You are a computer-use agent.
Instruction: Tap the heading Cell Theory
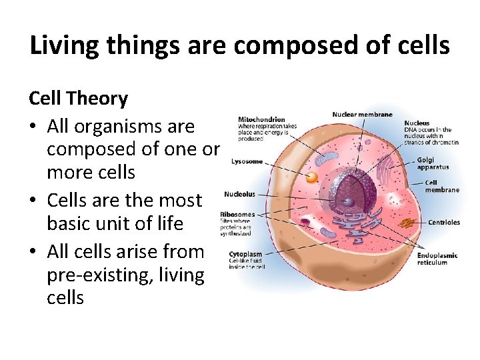[78, 99]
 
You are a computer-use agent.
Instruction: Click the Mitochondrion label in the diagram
[261, 120]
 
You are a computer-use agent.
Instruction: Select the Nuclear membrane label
[362, 115]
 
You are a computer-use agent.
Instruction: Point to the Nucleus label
[417, 123]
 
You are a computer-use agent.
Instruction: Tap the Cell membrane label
[442, 186]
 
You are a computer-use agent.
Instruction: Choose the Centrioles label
[443, 222]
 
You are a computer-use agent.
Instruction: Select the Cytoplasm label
[245, 254]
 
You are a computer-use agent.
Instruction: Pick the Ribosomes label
[237, 215]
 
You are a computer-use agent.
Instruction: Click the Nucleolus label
[239, 194]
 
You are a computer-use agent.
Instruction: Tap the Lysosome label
[247, 161]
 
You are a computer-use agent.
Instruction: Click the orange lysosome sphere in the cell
[311, 177]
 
